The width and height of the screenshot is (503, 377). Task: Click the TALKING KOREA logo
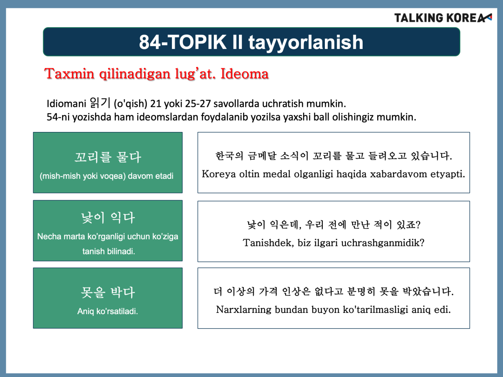pyautogui.click(x=443, y=18)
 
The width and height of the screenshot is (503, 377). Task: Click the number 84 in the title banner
pyautogui.click(x=150, y=42)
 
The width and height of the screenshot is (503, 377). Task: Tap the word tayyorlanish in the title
pyautogui.click(x=306, y=43)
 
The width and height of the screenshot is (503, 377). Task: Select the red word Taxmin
pyautogui.click(x=69, y=74)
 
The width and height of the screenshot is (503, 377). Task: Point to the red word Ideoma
pyautogui.click(x=244, y=74)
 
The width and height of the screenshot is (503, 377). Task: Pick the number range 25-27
pyautogui.click(x=198, y=104)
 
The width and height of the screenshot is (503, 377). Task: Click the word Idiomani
pyautogui.click(x=66, y=104)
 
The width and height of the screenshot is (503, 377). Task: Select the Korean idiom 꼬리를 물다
pyautogui.click(x=108, y=157)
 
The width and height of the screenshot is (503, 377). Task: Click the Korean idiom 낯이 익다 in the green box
pyautogui.click(x=108, y=218)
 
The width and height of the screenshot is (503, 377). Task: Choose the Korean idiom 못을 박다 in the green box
pyautogui.click(x=108, y=292)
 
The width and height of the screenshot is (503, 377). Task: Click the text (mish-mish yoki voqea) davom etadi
pyautogui.click(x=106, y=176)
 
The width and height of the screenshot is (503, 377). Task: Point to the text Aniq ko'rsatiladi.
pyautogui.click(x=107, y=311)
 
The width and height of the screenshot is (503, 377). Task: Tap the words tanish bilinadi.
pyautogui.click(x=109, y=251)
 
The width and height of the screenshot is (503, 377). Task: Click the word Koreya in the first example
pyautogui.click(x=219, y=174)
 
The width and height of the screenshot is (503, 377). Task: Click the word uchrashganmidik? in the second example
pyautogui.click(x=383, y=243)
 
